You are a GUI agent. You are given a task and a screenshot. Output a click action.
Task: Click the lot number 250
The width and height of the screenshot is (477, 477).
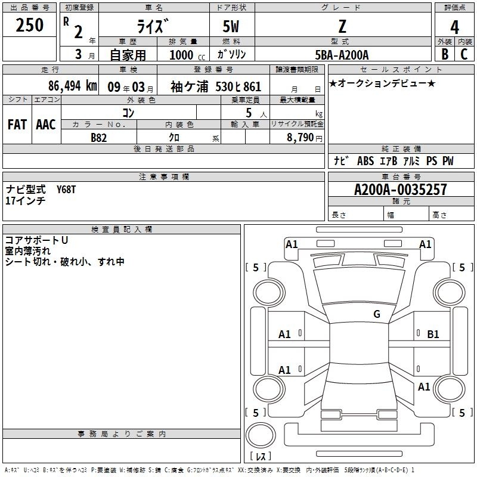tap(29, 25)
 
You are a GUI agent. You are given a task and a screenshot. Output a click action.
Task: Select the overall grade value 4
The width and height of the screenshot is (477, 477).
tap(454, 27)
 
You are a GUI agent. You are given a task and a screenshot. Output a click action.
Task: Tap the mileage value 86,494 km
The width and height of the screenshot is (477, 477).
tap(72, 86)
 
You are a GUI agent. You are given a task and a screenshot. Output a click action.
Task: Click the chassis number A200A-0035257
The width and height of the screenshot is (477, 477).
tap(401, 190)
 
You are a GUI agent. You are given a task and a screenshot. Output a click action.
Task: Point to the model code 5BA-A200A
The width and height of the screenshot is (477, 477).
tap(342, 55)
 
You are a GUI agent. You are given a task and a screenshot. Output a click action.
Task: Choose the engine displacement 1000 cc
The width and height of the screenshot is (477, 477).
tap(187, 55)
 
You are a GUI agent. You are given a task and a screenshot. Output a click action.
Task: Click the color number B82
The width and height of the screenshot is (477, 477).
tap(99, 138)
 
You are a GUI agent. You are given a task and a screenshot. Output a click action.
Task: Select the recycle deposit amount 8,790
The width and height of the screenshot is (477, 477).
tap(300, 138)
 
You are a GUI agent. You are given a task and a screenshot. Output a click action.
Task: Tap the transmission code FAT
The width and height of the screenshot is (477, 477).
tap(17, 125)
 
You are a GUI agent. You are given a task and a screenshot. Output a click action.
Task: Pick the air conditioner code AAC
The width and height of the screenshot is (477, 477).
tap(46, 125)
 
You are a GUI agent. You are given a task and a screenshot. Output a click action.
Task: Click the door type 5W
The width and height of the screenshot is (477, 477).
tap(231, 26)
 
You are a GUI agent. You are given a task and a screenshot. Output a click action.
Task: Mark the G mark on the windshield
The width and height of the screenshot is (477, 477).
tap(377, 314)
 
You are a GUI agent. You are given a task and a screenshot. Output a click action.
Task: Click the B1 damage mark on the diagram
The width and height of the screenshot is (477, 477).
tap(433, 334)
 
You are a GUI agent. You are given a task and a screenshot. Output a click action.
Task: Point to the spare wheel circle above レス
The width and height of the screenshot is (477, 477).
tap(261, 435)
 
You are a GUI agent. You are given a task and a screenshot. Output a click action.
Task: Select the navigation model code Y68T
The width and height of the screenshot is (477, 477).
tap(66, 190)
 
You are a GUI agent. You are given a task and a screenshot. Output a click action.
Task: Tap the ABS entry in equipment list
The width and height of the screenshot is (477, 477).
tap(366, 161)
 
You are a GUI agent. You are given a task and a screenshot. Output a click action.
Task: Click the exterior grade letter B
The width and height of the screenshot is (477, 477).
tap(445, 54)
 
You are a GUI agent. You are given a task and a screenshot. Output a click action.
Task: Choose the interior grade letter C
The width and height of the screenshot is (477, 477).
tap(464, 54)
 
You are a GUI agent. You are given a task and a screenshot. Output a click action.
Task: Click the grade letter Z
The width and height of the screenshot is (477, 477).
tap(342, 26)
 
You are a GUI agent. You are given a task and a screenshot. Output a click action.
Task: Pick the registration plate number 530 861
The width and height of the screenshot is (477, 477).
tap(238, 86)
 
